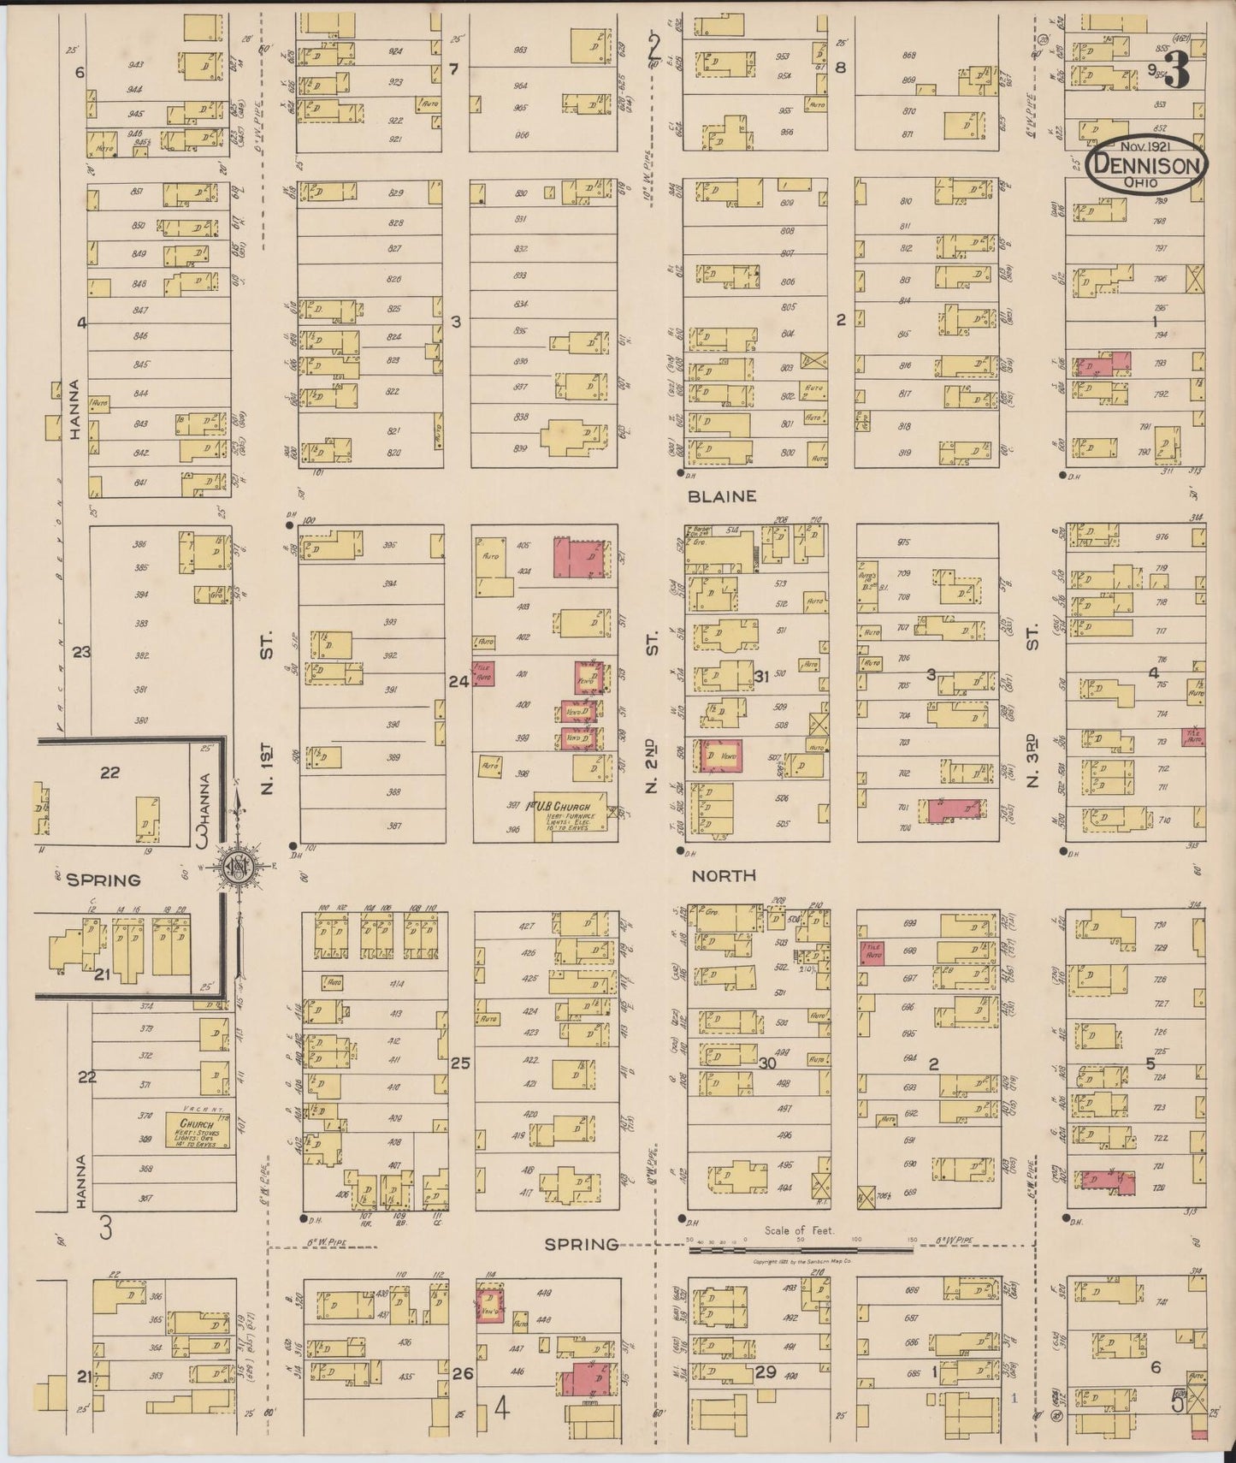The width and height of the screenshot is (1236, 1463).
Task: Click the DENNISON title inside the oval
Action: pyautogui.click(x=1148, y=163)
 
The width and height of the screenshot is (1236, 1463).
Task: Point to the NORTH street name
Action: pyautogui.click(x=724, y=875)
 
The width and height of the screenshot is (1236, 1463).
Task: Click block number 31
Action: pyautogui.click(x=764, y=677)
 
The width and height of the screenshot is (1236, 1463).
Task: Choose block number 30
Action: pyautogui.click(x=766, y=1063)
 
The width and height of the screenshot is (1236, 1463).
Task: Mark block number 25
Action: pyautogui.click(x=460, y=1063)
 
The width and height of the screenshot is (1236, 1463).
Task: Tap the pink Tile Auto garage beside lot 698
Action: pyautogui.click(x=872, y=952)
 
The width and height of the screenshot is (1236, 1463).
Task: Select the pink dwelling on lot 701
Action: pyautogui.click(x=949, y=809)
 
